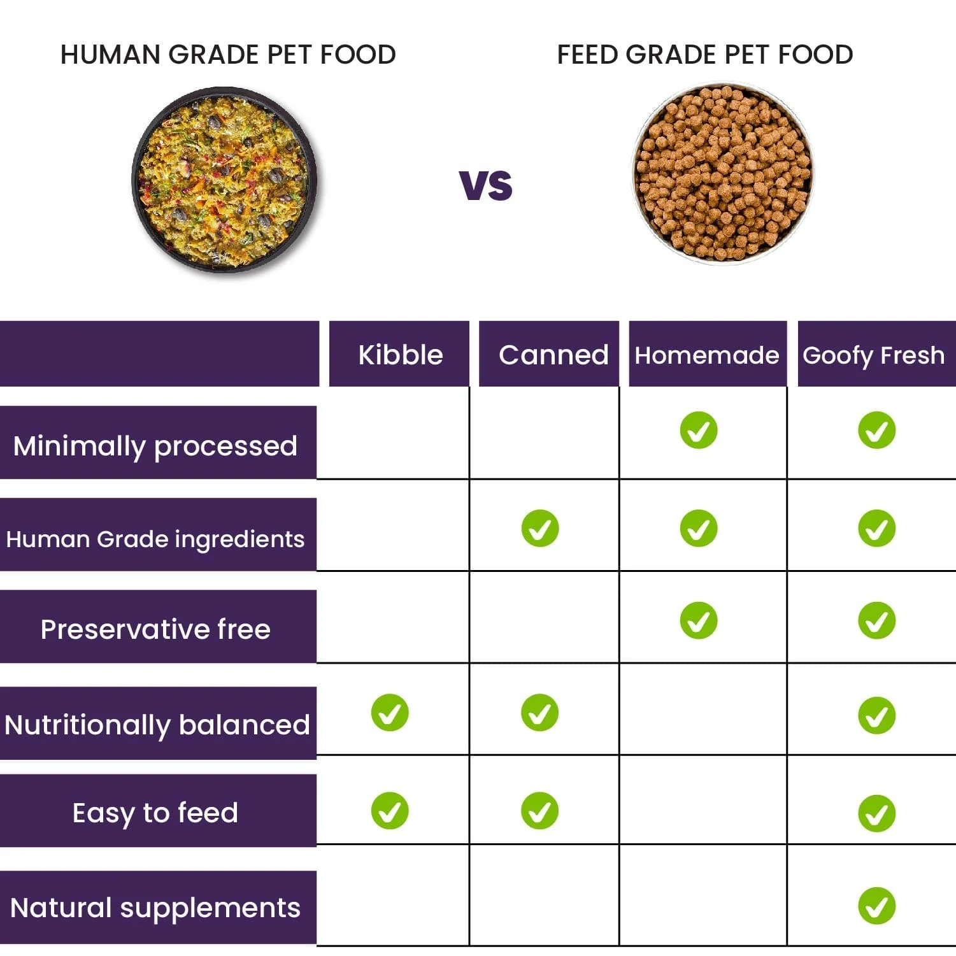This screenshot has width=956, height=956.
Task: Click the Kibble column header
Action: [399, 354]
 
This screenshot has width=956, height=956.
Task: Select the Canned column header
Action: [552, 354]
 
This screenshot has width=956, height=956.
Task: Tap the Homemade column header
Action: [706, 355]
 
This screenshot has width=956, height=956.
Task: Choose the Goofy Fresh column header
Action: [873, 355]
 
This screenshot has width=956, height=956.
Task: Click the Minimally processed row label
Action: [155, 445]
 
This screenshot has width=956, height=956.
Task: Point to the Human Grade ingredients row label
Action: [155, 539]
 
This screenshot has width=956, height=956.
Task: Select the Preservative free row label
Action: [155, 629]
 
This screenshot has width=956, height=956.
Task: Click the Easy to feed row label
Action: [155, 812]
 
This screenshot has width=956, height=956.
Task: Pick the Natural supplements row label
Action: [155, 907]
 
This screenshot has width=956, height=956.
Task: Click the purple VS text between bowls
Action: [485, 185]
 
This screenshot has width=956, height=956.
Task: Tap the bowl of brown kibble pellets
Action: [723, 173]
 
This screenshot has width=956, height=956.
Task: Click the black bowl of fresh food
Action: [224, 180]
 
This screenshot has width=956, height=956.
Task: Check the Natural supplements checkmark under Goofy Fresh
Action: [876, 905]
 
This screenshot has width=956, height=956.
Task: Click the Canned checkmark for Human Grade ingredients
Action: [539, 528]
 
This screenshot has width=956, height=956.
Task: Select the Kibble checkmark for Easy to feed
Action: [390, 810]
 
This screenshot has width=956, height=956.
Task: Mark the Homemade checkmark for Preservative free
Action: [698, 620]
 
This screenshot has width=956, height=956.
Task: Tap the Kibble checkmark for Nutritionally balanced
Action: [390, 712]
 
